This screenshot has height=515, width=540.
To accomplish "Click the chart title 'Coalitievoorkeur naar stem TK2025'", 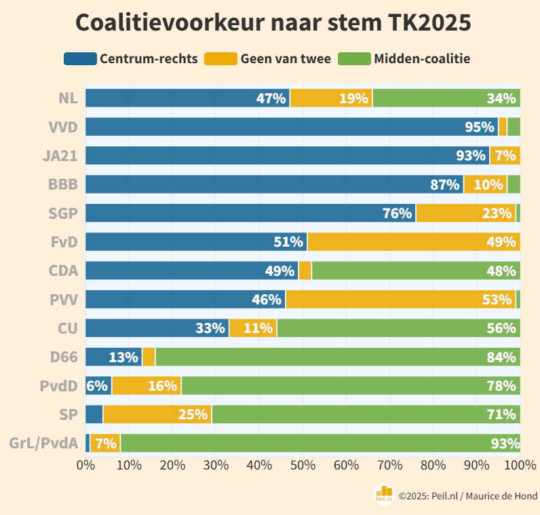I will (x=273, y=22).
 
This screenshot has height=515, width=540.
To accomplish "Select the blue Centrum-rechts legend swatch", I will (x=80, y=58).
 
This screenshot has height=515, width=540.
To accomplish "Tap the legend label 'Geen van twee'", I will (x=286, y=58).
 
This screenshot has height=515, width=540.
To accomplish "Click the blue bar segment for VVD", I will (x=292, y=127).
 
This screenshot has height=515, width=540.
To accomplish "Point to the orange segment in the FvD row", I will (x=413, y=242).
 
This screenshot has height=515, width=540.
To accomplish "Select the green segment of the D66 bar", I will (x=337, y=357).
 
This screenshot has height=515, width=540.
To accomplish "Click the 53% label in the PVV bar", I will (x=497, y=300).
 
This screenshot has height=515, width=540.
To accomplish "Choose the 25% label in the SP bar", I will (x=193, y=414).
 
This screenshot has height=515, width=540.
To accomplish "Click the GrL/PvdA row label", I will (x=43, y=443).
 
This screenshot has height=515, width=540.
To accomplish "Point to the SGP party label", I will (x=63, y=213).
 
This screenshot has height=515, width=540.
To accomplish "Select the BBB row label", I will (x=63, y=184).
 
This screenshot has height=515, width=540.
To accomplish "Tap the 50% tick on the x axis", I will (x=303, y=465).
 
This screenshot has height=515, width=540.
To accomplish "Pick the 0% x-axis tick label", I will (x=85, y=465).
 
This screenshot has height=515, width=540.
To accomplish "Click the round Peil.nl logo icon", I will (x=385, y=495).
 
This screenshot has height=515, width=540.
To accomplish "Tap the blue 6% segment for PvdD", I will (x=98, y=386).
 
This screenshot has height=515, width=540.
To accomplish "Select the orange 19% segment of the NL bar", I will (x=331, y=98).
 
